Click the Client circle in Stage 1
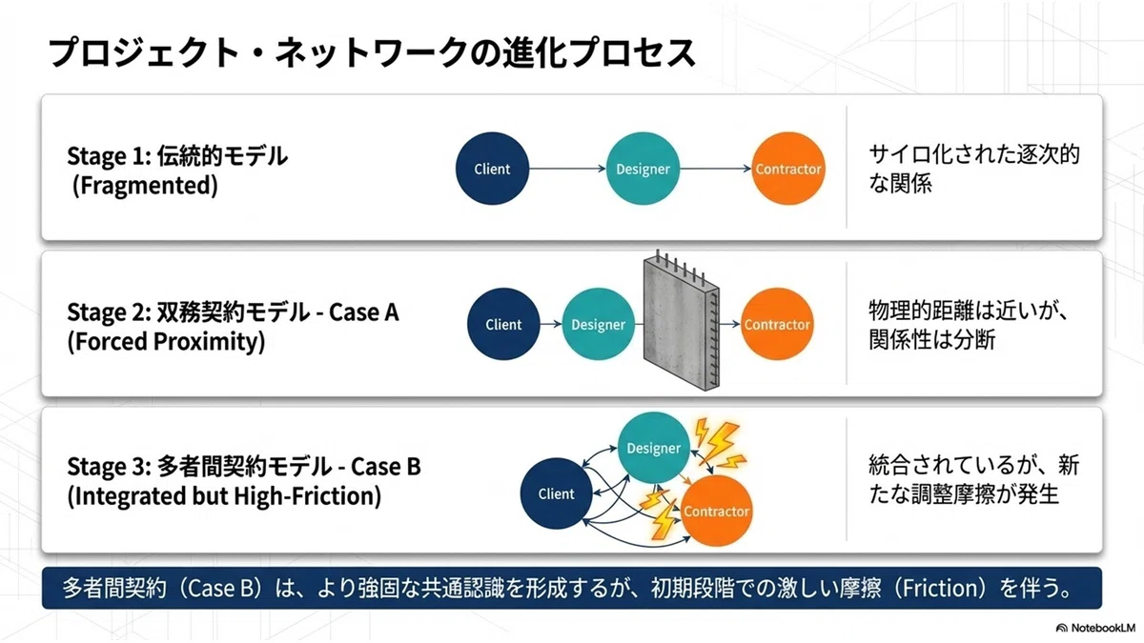[x=492, y=169]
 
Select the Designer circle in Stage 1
[x=643, y=169]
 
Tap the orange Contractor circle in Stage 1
[x=788, y=169]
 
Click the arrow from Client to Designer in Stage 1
[x=567, y=169]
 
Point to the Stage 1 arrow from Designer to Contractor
[x=716, y=169]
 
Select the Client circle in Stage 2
[x=503, y=324]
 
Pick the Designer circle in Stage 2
[x=598, y=324]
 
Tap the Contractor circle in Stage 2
[x=777, y=324]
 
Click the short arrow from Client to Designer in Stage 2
[x=551, y=324]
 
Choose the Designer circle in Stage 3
[x=654, y=448]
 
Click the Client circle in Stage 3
[x=556, y=493]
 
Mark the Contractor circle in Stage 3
[x=717, y=511]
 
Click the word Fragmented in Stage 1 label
[x=145, y=185]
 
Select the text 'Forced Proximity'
[x=166, y=341]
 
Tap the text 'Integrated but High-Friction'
[x=224, y=495]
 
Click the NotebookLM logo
[x=1095, y=628]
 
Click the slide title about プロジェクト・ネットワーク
[x=371, y=52]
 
